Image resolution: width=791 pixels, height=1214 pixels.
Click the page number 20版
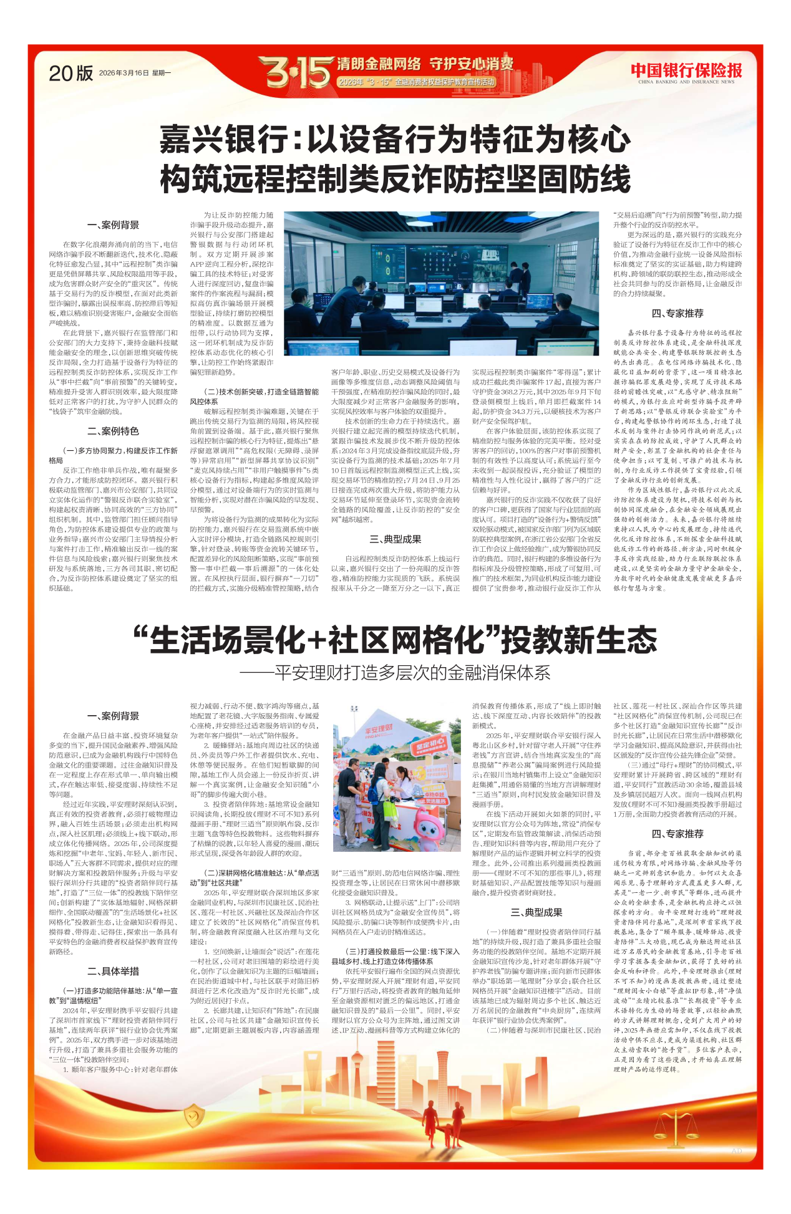[70, 74]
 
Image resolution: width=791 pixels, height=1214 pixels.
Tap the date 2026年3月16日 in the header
[124, 73]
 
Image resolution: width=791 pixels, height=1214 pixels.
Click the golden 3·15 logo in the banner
[294, 72]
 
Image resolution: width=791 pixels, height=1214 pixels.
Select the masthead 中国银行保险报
[686, 70]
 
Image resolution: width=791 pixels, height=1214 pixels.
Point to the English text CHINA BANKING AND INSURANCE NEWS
[686, 82]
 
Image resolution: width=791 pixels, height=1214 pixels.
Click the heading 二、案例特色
[113, 431]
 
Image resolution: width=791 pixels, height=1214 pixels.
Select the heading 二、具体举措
[113, 971]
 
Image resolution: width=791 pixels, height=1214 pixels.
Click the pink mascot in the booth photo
[429, 835]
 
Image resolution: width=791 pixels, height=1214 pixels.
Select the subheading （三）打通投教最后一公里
[395, 952]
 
